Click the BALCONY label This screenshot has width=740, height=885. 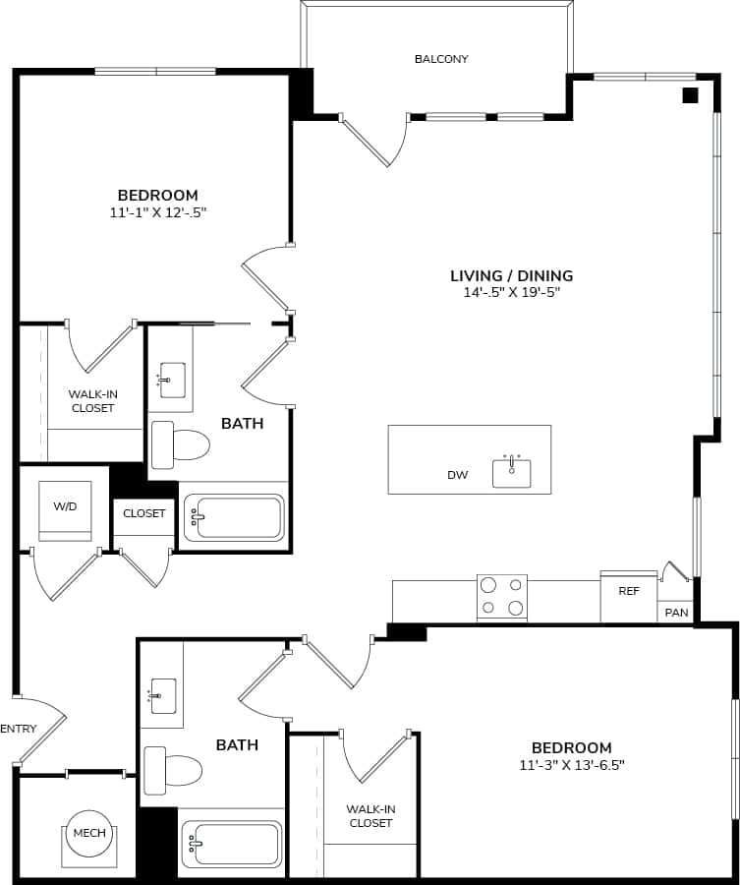[x=441, y=59]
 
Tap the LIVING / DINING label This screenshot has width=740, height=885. [x=511, y=276]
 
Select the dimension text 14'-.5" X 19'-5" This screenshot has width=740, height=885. [x=511, y=292]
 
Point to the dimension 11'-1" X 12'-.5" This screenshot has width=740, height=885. [x=157, y=211]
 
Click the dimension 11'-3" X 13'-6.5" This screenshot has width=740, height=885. [x=572, y=764]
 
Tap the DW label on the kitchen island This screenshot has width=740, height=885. [x=457, y=475]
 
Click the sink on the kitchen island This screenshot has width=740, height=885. [x=511, y=472]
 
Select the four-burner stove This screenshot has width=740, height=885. [x=502, y=598]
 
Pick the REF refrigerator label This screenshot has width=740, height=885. [x=629, y=592]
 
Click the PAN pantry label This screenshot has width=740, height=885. [x=676, y=612]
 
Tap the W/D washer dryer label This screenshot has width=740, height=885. [x=65, y=506]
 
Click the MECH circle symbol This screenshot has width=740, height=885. [x=89, y=834]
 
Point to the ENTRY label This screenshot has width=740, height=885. [x=19, y=729]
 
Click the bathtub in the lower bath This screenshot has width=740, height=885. [x=233, y=844]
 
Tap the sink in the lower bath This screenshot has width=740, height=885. [x=162, y=696]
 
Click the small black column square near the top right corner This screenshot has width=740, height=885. [x=690, y=95]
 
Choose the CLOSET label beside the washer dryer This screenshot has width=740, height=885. [x=144, y=513]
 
